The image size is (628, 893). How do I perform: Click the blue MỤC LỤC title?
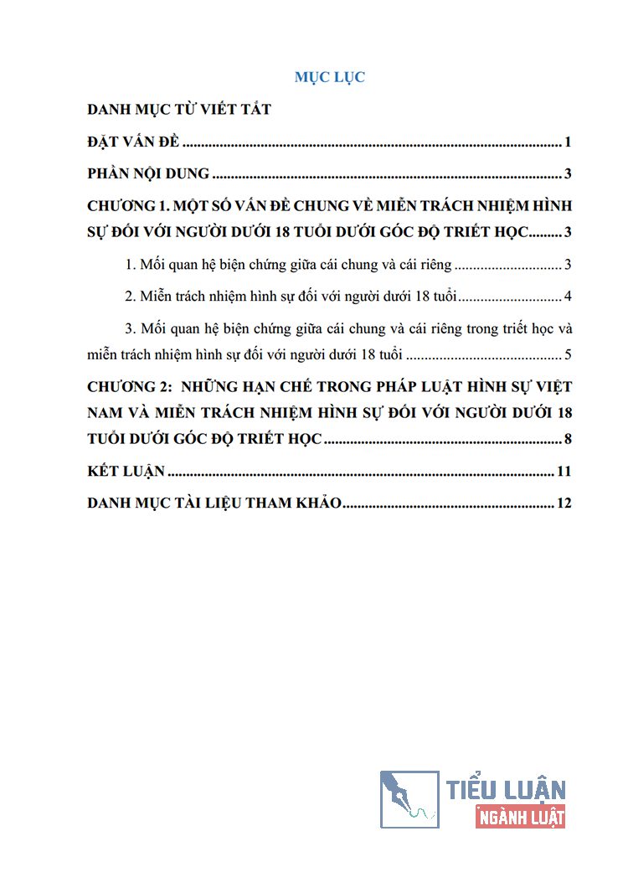329,77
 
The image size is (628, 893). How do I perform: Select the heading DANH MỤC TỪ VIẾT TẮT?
179,110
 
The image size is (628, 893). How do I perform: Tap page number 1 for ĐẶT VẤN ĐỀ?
567,142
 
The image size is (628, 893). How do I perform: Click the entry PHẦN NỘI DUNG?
148,174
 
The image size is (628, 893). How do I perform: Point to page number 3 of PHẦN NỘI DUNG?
567,174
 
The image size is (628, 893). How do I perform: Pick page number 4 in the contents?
567,297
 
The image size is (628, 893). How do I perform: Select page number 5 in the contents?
567,354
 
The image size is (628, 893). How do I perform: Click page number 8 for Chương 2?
567,439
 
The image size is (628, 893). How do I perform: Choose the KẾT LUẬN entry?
126,472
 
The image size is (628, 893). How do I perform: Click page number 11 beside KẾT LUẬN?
564,472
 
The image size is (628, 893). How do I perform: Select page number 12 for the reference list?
564,503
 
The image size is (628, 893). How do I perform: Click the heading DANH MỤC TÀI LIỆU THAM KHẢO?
214,503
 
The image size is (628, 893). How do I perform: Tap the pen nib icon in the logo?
409,800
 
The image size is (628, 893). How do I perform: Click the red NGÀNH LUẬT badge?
520,817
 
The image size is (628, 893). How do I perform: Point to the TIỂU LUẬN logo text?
506,789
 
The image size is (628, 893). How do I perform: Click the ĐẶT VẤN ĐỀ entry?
133,142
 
